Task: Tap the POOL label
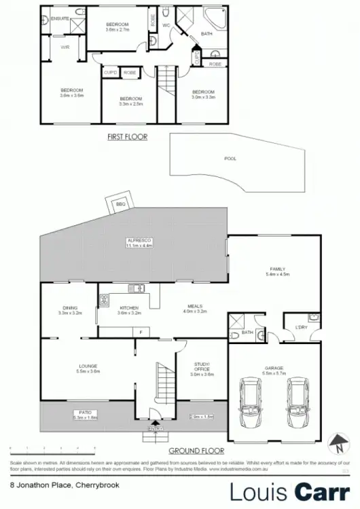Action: click(x=230, y=158)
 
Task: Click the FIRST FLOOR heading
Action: click(x=127, y=136)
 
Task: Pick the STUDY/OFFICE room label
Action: click(x=201, y=371)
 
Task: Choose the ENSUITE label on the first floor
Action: click(x=60, y=18)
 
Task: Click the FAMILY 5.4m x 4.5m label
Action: click(x=277, y=271)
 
